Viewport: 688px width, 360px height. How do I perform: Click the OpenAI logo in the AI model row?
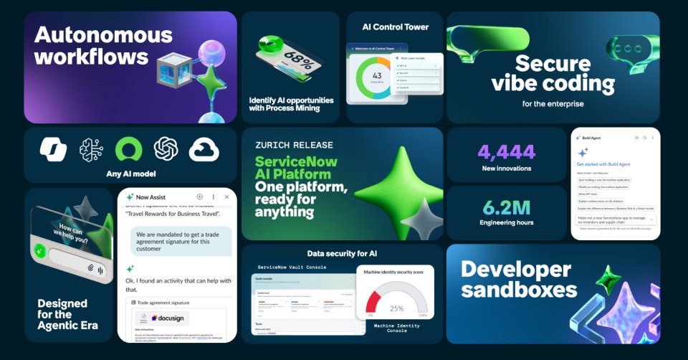pos(166,149)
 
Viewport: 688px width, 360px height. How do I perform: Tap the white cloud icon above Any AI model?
pos(204,149)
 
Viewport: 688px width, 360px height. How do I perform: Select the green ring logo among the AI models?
pos(128,149)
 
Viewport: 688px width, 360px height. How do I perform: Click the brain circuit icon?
pos(92,149)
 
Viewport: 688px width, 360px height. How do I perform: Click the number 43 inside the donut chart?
pos(377,75)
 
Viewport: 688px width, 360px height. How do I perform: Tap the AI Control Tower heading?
pos(396,27)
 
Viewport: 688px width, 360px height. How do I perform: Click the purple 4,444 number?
pos(506,152)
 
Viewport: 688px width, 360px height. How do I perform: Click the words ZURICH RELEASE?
pos(293,145)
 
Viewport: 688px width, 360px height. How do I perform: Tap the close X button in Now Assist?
pos(226,196)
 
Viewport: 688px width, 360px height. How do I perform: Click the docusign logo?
pos(170,317)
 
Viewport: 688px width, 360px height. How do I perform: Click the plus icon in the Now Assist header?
pos(200,196)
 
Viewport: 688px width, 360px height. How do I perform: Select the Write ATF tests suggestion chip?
pos(588,194)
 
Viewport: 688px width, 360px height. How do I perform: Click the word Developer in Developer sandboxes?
pos(516,270)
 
